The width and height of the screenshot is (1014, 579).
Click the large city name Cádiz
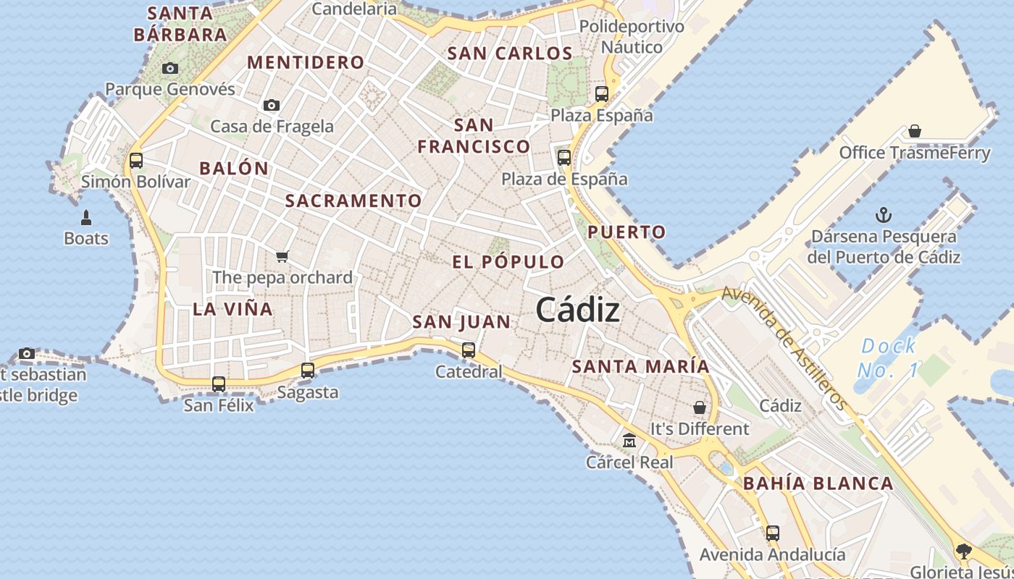[x=578, y=310]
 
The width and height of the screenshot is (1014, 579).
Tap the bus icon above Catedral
[x=469, y=350]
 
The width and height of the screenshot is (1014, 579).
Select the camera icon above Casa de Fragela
[x=272, y=105]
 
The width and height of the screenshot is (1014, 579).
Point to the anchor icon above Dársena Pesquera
[x=883, y=215]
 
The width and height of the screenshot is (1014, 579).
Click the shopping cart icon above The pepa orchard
[x=282, y=256]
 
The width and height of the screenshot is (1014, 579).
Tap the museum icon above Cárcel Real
[x=629, y=440]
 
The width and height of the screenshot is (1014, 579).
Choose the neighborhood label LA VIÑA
[x=232, y=309]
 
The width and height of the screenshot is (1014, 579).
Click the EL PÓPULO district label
[x=508, y=262]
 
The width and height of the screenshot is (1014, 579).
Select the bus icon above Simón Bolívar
[x=136, y=161]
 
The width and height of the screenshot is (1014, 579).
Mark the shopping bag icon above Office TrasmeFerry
[x=915, y=131]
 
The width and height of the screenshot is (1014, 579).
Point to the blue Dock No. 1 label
[x=888, y=358]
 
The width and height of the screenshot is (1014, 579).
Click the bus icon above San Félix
[x=219, y=384]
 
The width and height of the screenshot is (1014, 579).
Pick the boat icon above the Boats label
[x=86, y=217]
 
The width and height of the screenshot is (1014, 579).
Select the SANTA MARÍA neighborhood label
[x=641, y=366]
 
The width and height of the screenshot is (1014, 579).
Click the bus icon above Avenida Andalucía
[x=773, y=533]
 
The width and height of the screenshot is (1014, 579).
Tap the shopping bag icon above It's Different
[x=700, y=407]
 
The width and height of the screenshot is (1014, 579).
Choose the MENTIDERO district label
[x=306, y=62]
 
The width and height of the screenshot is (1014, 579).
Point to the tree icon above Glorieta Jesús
[x=963, y=551]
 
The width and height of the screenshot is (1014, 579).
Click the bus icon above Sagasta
[x=308, y=371]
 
